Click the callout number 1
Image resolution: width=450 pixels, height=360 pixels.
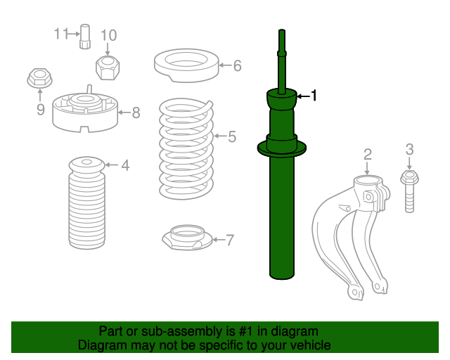[314, 95]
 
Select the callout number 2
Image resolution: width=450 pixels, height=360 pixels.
[367, 154]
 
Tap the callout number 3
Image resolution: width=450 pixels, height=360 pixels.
[409, 148]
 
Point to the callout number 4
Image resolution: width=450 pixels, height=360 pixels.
[124, 166]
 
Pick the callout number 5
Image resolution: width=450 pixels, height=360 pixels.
[231, 136]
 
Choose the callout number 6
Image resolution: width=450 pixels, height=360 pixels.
[237, 66]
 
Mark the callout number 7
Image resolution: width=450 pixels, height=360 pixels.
[230, 240]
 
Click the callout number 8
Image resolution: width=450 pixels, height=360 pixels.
[136, 111]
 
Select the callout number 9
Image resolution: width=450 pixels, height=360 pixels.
[40, 109]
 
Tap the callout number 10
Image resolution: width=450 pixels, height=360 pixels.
[108, 35]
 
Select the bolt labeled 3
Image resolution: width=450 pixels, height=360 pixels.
[409, 190]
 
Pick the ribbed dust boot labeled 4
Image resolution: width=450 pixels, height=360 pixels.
[87, 207]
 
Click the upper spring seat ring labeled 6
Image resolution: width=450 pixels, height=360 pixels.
[184, 65]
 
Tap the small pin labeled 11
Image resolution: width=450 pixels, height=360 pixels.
[85, 36]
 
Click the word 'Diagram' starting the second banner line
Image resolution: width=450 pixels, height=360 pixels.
[100, 345]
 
